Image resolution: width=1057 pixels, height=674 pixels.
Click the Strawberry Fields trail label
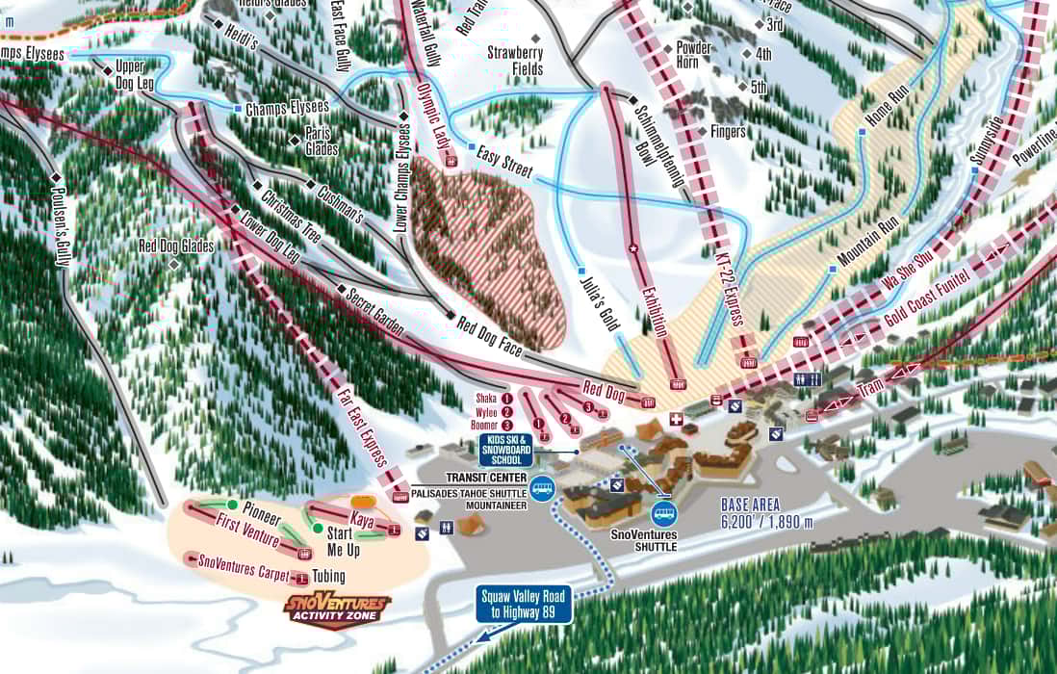[515, 61]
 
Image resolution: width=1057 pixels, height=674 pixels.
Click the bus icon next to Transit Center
[543, 489]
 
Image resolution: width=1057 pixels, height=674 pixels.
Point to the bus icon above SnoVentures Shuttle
[664, 514]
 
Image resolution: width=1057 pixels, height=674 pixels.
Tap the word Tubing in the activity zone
[328, 577]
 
